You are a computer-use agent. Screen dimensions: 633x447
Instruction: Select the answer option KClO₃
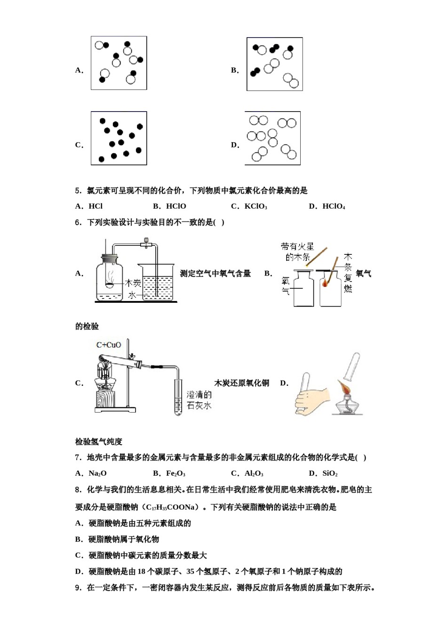click(x=255, y=206)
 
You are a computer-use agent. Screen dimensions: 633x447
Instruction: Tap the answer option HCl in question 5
click(x=95, y=206)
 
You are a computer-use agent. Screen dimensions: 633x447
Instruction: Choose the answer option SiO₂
click(x=329, y=473)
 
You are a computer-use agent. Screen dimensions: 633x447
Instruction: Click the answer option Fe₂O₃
click(x=175, y=473)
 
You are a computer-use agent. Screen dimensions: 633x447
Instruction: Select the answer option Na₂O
click(x=97, y=473)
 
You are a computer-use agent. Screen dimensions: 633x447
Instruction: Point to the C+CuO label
click(x=109, y=345)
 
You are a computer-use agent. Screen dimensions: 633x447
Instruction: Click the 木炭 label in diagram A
click(x=133, y=283)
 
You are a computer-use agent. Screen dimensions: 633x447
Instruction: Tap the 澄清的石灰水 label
click(x=199, y=400)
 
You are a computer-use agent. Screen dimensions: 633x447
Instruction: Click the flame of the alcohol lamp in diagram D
click(x=346, y=389)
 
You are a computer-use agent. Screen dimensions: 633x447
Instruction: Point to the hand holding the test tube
click(x=311, y=400)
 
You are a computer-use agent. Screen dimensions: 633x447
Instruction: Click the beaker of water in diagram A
click(x=157, y=283)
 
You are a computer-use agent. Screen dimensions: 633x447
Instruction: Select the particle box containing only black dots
click(x=119, y=138)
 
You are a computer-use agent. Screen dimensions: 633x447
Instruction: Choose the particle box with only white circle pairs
click(x=272, y=138)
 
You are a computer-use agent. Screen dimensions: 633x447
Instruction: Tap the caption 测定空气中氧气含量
click(x=216, y=274)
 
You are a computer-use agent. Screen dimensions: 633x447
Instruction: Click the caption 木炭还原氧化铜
click(x=242, y=383)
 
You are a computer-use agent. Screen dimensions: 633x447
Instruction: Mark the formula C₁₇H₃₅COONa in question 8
click(x=170, y=507)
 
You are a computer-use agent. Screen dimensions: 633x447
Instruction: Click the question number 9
click(x=78, y=587)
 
